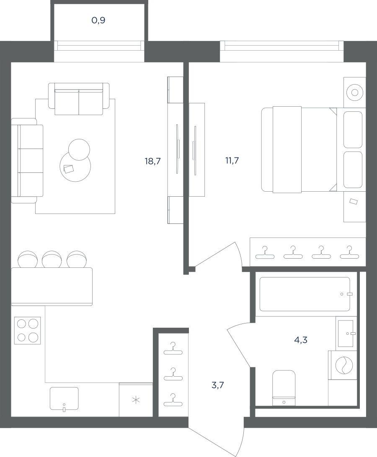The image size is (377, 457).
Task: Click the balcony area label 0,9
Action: coord(98,21)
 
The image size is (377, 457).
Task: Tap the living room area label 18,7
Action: coord(152,161)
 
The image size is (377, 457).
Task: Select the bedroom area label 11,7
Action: coord(232,160)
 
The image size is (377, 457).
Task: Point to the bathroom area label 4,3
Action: coord(300,340)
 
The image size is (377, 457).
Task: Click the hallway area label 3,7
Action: coord(217,385)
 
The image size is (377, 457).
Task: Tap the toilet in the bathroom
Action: coord(284,388)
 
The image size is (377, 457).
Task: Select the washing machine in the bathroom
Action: coord(343,365)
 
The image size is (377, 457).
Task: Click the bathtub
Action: coord(305,294)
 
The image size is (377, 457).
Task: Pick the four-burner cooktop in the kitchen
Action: coord(27,330)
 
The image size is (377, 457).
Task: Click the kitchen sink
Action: coord(64,398)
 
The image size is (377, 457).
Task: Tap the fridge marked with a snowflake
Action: coord(136,400)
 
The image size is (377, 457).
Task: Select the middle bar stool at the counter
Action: coord(52,259)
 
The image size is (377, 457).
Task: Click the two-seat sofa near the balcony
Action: coord(79,99)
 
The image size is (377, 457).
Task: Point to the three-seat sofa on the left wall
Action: coord(27,161)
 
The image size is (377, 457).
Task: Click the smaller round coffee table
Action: coord(79,149)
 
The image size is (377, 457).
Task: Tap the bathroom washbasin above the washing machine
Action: coord(346,334)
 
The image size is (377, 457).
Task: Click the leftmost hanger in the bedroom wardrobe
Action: coord(265,252)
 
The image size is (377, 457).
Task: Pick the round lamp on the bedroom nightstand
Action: coord(354,92)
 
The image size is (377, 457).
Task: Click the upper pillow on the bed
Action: coord(353,130)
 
